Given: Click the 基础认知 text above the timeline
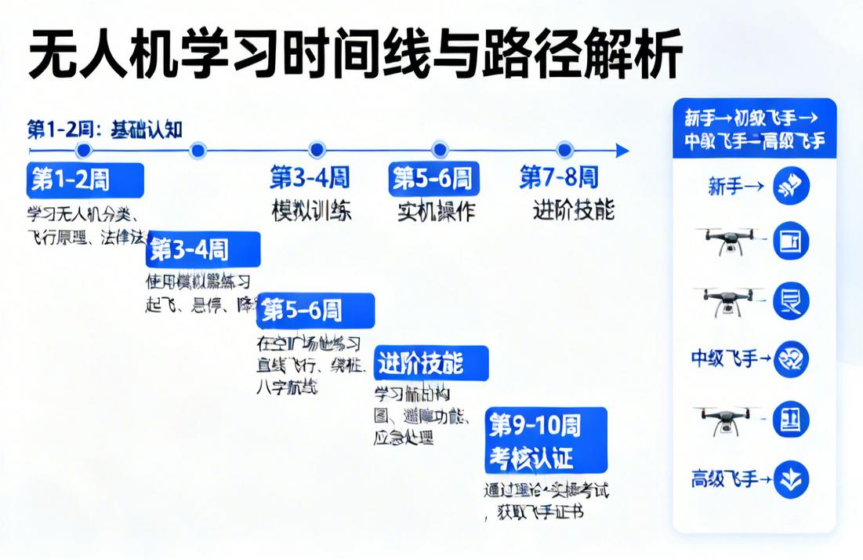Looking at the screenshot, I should point(147,129).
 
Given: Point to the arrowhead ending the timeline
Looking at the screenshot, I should point(622,151).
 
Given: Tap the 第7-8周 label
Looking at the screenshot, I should point(559,178).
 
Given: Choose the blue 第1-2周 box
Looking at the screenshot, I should point(85,180).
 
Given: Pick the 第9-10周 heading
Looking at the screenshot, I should point(535,426).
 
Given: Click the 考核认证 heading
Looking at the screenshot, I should point(531,456).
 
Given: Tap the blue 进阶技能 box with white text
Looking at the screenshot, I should point(431,363).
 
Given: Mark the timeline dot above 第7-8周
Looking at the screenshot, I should point(564,150).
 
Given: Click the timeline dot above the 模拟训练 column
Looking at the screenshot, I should point(317,150).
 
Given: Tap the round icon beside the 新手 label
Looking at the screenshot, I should point(791,187).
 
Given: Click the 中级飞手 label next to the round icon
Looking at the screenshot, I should point(725,359).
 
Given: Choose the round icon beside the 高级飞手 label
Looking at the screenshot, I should point(791,479).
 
